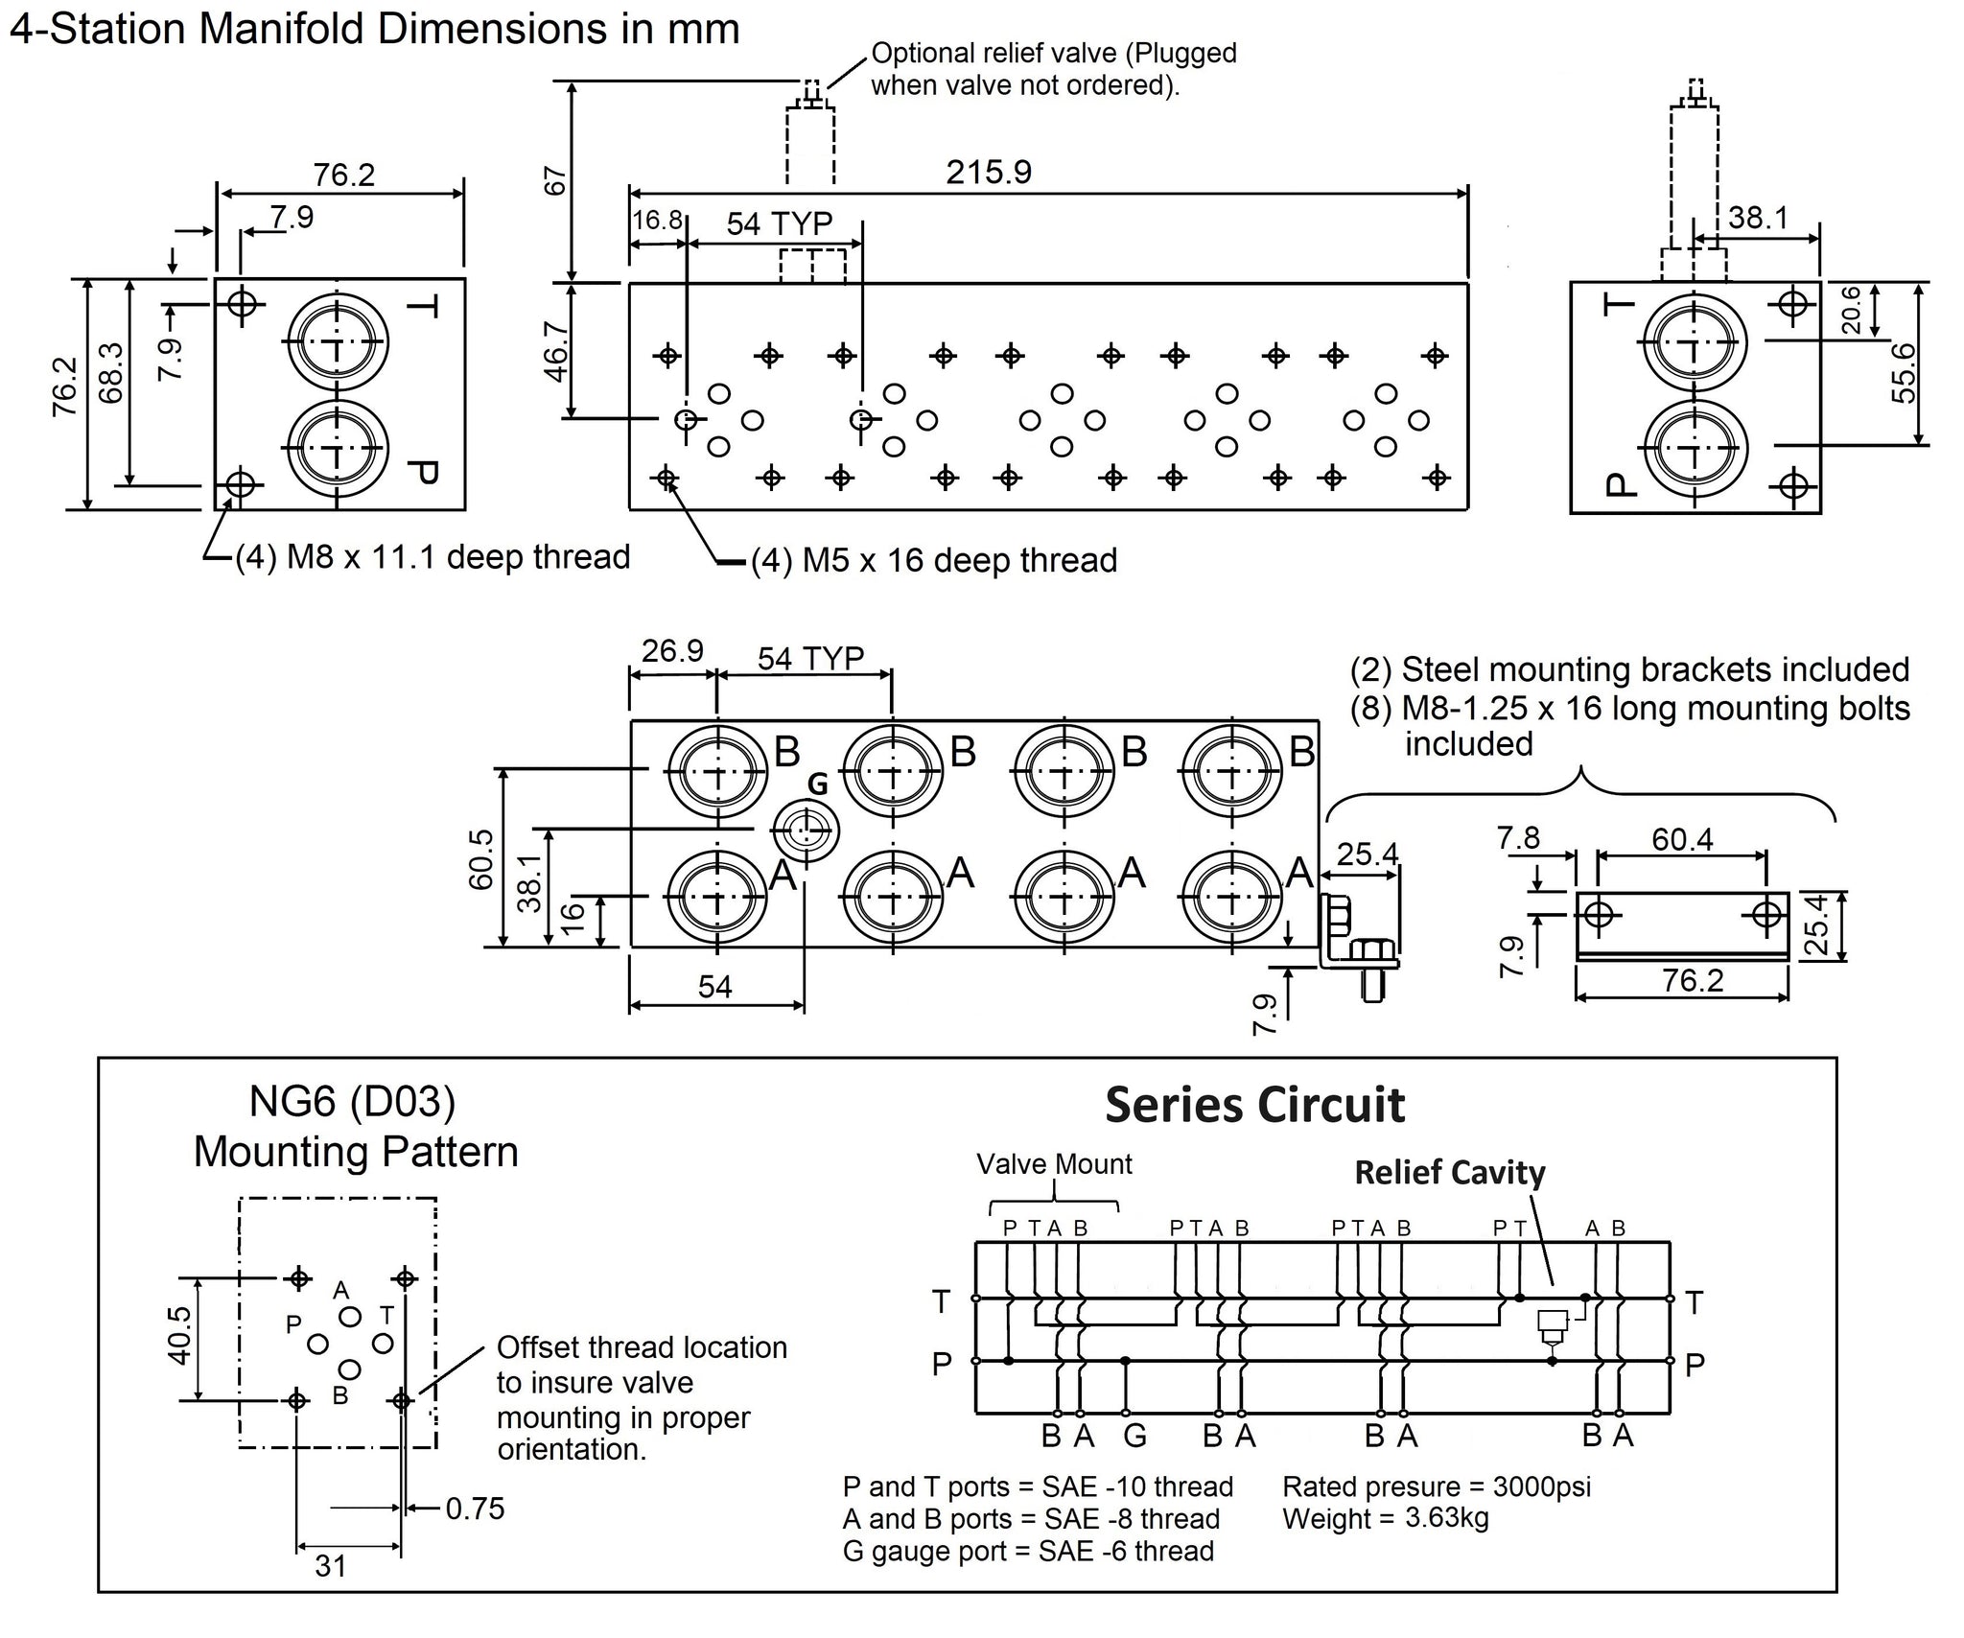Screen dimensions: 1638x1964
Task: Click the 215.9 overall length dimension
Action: click(x=988, y=173)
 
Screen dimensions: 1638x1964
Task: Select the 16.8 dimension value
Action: click(x=657, y=221)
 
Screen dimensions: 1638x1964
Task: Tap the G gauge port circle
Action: click(x=807, y=831)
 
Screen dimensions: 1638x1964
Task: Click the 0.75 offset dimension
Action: click(x=475, y=1509)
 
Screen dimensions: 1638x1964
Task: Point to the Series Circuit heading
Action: click(x=1254, y=1105)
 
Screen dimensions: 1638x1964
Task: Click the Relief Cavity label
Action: click(x=1449, y=1172)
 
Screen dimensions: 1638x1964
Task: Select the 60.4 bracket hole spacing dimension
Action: click(x=1681, y=840)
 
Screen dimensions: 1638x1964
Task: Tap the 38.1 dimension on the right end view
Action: click(x=1758, y=218)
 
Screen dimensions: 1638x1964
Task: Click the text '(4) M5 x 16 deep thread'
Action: click(x=933, y=560)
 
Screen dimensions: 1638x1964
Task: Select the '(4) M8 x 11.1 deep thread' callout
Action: click(x=433, y=557)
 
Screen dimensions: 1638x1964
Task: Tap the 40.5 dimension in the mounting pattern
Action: click(x=179, y=1334)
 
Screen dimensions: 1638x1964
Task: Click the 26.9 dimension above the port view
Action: click(x=672, y=651)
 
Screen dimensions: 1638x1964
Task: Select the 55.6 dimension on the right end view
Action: click(x=1905, y=373)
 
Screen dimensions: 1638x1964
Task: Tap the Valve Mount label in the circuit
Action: click(x=1054, y=1164)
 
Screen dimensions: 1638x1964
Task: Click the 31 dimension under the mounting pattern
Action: click(x=330, y=1566)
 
